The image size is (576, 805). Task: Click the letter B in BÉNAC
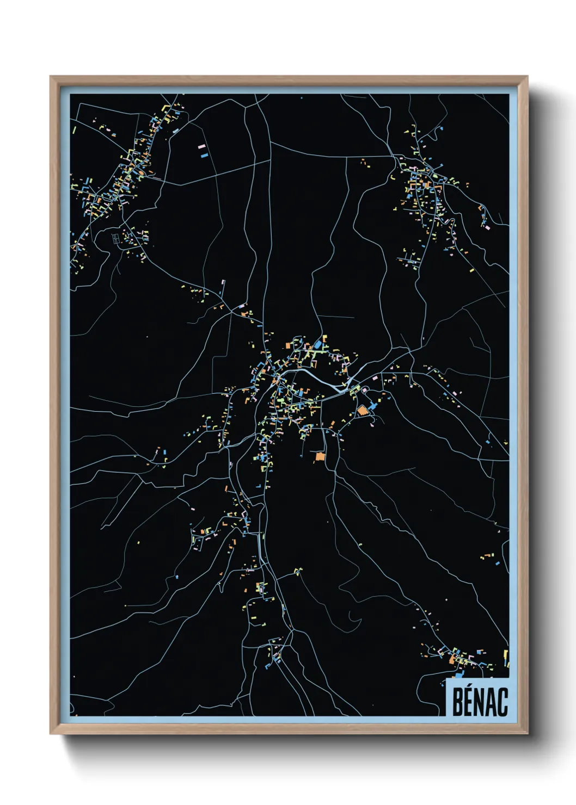click(x=457, y=702)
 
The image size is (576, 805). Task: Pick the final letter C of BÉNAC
click(x=504, y=702)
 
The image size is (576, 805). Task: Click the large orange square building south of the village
click(x=320, y=457)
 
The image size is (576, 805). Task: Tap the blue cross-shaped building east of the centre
click(x=372, y=405)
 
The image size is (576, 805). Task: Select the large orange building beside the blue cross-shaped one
click(x=363, y=411)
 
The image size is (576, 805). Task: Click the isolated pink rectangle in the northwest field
click(x=201, y=146)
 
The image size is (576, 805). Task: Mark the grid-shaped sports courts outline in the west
click(x=115, y=238)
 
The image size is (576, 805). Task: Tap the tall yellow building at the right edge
click(x=506, y=657)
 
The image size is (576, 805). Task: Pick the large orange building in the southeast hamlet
click(x=452, y=660)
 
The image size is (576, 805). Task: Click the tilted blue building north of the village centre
click(x=318, y=345)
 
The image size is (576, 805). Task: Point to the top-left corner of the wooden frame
click(x=51, y=77)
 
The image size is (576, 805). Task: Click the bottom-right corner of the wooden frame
click(x=526, y=733)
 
